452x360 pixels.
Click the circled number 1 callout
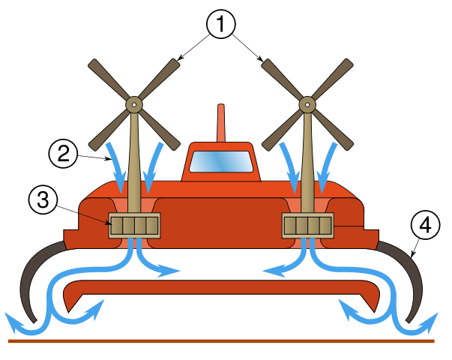(x=221, y=25)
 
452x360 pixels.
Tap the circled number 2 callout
(x=64, y=154)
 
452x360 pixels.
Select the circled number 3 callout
(x=43, y=199)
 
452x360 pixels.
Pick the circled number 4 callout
(x=425, y=225)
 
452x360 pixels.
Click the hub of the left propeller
(x=134, y=104)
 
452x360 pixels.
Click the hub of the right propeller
(x=307, y=104)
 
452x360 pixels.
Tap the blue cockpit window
(x=221, y=161)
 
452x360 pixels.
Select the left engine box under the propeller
(x=134, y=226)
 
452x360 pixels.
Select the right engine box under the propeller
(x=307, y=226)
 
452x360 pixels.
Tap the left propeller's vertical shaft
(x=134, y=165)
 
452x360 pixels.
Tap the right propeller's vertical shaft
(x=307, y=165)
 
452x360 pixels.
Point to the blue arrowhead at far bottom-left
(x=10, y=320)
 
